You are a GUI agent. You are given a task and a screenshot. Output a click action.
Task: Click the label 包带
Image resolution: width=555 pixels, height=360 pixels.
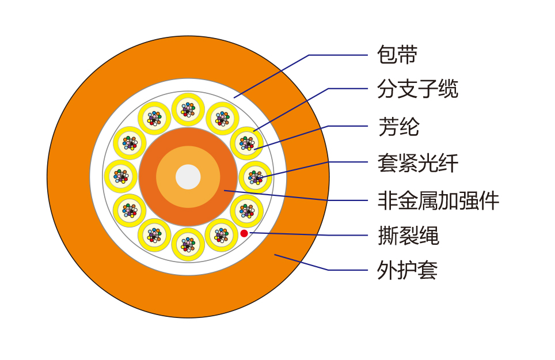[x=397, y=55]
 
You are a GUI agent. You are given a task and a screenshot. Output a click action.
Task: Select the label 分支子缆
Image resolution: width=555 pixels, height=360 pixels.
[x=417, y=89]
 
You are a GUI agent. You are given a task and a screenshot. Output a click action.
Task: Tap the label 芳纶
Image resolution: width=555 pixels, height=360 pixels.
[x=398, y=126]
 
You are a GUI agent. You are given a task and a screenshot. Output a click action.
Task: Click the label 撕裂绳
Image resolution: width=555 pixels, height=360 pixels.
[x=408, y=236]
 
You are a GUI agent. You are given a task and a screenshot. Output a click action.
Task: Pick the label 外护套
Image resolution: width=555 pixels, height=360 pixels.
[x=408, y=270]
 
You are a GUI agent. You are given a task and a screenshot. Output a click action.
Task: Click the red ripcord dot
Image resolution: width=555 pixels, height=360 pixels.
[x=244, y=233]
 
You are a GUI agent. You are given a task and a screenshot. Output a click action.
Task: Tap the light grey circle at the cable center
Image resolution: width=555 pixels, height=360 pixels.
[x=188, y=177]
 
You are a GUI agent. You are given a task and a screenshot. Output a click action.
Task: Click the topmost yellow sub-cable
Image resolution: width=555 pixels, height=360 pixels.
[x=188, y=108]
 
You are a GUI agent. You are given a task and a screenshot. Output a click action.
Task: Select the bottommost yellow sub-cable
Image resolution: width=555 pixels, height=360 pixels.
[x=188, y=245]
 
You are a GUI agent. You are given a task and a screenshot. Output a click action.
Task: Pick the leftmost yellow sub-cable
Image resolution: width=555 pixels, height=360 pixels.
[x=120, y=176]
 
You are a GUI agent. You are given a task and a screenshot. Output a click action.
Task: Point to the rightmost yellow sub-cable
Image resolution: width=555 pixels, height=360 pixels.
[x=255, y=177]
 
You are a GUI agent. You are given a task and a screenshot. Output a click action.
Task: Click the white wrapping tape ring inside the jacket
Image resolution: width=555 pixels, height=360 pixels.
[x=96, y=177]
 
